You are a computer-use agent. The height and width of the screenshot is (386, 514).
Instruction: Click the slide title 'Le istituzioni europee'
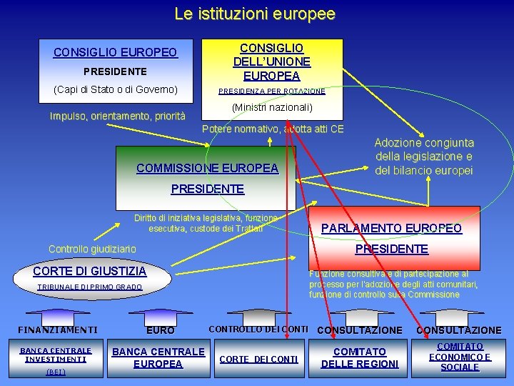pyautogui.click(x=255, y=14)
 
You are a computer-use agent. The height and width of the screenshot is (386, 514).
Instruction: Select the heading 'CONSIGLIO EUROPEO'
pyautogui.click(x=115, y=53)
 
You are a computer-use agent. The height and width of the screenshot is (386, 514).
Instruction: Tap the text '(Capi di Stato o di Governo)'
pyautogui.click(x=115, y=89)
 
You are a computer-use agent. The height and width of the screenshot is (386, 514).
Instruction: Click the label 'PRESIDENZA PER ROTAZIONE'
pyautogui.click(x=272, y=91)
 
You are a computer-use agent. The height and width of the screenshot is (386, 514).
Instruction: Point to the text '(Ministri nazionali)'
pyautogui.click(x=272, y=107)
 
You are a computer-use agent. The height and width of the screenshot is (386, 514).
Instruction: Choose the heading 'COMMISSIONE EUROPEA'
pyautogui.click(x=207, y=169)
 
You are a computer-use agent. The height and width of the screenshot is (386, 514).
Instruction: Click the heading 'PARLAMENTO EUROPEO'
pyautogui.click(x=391, y=229)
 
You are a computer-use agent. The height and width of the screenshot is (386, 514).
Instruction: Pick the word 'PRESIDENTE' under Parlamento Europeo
pyautogui.click(x=391, y=249)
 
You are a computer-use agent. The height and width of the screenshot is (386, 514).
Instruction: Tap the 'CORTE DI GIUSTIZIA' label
pyautogui.click(x=90, y=271)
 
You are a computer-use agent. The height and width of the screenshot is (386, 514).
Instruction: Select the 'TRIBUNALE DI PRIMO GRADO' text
pyautogui.click(x=90, y=287)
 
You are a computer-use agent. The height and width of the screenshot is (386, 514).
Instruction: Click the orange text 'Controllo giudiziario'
pyautogui.click(x=92, y=249)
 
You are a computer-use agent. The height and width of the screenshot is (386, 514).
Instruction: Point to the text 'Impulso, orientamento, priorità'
pyautogui.click(x=117, y=117)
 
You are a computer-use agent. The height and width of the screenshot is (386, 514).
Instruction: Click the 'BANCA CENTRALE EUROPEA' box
pyautogui.click(x=158, y=357)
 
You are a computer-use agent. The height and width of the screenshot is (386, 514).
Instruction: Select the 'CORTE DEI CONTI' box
pyautogui.click(x=258, y=359)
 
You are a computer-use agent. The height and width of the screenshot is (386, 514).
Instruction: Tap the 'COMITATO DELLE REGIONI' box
pyautogui.click(x=359, y=357)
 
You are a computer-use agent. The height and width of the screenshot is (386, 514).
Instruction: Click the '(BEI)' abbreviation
pyautogui.click(x=56, y=372)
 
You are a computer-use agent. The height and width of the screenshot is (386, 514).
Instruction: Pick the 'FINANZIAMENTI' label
pyautogui.click(x=57, y=330)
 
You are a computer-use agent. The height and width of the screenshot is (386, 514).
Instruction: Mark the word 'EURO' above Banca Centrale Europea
pyautogui.click(x=160, y=331)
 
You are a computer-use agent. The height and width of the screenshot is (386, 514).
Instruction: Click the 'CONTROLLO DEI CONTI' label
pyautogui.click(x=258, y=330)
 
